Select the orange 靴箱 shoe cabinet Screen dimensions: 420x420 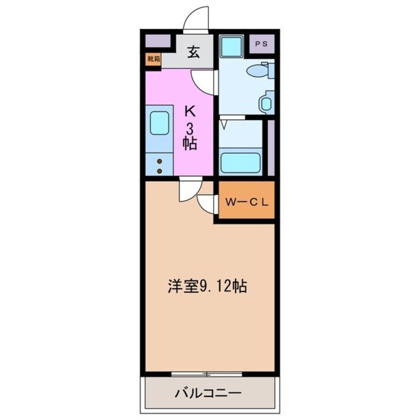(x=153, y=59)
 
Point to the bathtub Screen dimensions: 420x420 (x=241, y=162)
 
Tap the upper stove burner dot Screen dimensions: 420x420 (x=160, y=161)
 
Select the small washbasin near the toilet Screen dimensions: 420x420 (x=266, y=104)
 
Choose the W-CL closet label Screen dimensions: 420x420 (x=247, y=202)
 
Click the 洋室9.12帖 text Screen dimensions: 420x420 (x=207, y=287)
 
